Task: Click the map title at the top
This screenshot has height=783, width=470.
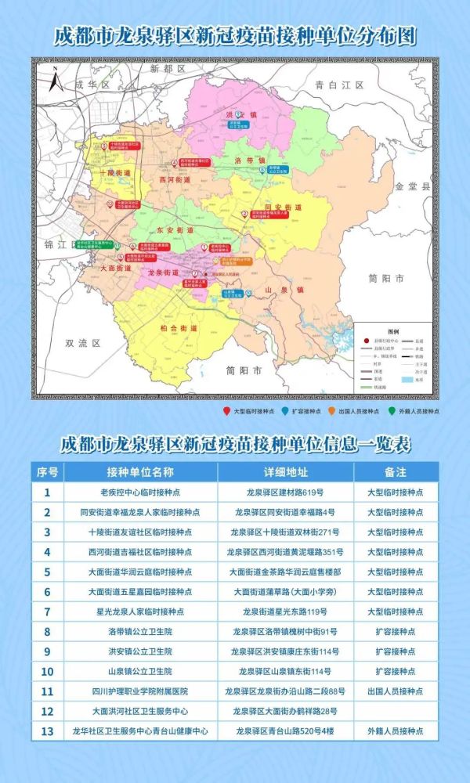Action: click(x=235, y=36)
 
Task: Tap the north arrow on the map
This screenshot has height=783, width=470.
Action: click(x=52, y=78)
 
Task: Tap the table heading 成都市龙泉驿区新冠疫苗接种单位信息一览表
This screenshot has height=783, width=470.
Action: click(x=235, y=445)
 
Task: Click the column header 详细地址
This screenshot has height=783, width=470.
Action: click(x=285, y=472)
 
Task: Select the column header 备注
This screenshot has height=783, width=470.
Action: click(x=396, y=472)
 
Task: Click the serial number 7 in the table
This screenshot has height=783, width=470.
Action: click(x=48, y=612)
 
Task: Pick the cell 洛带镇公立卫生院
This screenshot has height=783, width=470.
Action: click(x=140, y=631)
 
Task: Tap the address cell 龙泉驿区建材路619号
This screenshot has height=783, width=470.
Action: click(x=285, y=493)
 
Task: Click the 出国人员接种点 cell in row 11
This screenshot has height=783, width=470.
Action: click(x=396, y=691)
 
